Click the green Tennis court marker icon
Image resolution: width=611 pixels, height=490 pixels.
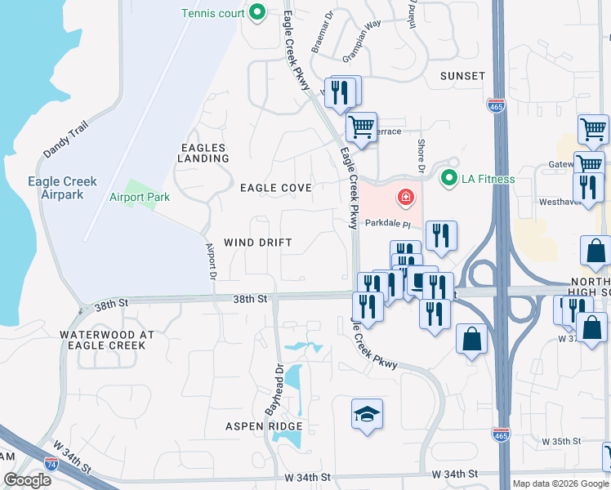[x=257, y=12]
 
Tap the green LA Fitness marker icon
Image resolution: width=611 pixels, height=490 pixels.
[x=448, y=177]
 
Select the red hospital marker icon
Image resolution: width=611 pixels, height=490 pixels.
[x=404, y=197]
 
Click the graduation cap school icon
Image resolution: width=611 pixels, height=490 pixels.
[x=367, y=414]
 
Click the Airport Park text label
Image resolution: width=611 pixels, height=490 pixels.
[x=140, y=198]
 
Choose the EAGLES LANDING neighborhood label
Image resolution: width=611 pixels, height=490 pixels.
[x=204, y=153]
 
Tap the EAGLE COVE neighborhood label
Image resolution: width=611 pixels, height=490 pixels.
[x=276, y=188]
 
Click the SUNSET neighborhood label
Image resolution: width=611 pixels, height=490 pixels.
[x=462, y=76]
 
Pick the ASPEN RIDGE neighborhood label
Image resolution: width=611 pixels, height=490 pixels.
[x=265, y=426]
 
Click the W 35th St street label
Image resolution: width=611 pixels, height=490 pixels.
[x=560, y=441]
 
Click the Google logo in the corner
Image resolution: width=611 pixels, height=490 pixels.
[x=27, y=479]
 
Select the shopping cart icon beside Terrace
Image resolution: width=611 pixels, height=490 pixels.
[x=360, y=127]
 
